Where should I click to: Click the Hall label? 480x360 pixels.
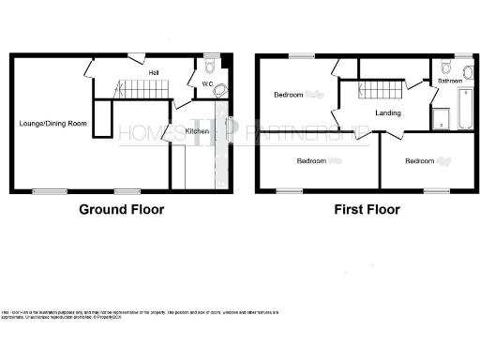(152, 71)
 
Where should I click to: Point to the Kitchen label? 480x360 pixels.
(197, 131)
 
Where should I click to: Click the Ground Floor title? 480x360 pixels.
(121, 209)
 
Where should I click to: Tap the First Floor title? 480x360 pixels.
(367, 209)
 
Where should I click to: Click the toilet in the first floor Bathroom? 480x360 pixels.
(445, 67)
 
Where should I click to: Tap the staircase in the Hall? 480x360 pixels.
(142, 90)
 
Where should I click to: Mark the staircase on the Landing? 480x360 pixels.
(381, 91)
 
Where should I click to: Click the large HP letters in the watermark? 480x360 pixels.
(227, 129)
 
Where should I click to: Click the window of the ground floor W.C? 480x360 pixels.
(212, 54)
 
